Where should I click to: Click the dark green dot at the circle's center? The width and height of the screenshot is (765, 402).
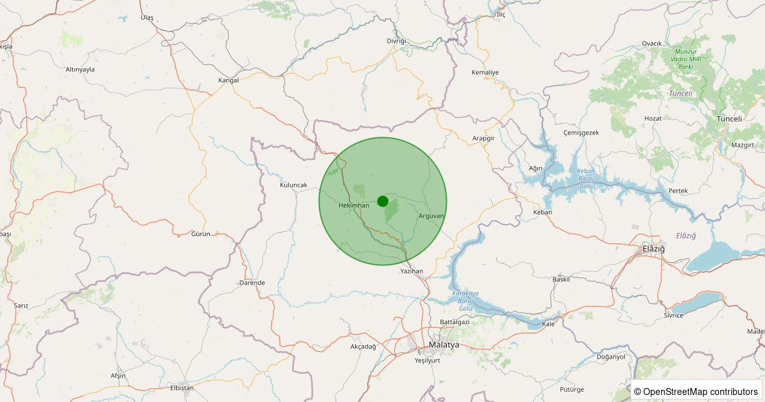click(x=382, y=201)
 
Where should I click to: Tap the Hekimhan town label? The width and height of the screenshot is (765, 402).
click(x=354, y=205)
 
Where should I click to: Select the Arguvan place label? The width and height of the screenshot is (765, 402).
click(x=431, y=216)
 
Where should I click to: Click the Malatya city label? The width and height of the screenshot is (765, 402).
click(x=444, y=345)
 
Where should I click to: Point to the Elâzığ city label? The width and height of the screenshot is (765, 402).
click(x=653, y=248)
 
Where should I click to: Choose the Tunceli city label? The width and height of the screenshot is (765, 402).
click(x=729, y=119)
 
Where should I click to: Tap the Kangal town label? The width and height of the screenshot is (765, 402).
click(x=228, y=80)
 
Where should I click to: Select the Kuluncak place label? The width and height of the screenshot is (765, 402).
click(x=293, y=185)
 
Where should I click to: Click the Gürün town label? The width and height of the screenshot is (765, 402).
click(x=200, y=234)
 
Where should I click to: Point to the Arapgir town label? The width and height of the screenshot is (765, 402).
click(x=483, y=138)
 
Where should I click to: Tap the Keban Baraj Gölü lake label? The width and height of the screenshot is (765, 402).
click(x=585, y=175)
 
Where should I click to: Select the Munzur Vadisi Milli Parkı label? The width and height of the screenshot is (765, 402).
click(x=685, y=59)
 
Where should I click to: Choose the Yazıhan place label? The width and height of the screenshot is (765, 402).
click(x=411, y=271)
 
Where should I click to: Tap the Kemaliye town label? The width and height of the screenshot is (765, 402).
click(x=485, y=73)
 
